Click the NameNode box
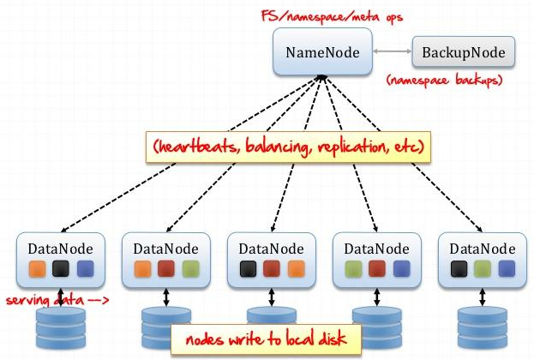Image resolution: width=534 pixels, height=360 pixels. point(322,51)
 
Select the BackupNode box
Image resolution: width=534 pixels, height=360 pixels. point(464,51)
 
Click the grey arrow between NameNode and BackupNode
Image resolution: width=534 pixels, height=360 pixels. point(393,51)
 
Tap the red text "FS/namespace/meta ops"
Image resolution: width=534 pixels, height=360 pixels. point(332,16)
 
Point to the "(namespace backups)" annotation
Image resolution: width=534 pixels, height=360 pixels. point(445,80)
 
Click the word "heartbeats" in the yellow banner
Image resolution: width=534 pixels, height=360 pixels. point(195,147)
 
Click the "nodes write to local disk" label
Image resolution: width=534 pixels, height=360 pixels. point(266,339)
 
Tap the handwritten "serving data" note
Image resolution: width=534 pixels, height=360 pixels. point(45,300)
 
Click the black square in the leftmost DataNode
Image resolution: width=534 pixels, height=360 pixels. point(61,269)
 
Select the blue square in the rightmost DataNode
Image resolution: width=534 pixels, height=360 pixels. point(507,269)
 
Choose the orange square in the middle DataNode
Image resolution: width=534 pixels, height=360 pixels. point(296,269)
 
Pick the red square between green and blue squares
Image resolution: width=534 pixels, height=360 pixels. point(377,269)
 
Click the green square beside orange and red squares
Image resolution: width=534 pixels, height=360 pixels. point(190,269)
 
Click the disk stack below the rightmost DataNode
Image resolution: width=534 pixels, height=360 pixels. point(483,327)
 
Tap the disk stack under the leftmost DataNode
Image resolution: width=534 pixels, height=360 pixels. point(61,327)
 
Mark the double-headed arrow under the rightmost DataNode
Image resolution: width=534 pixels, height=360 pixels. point(483,297)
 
